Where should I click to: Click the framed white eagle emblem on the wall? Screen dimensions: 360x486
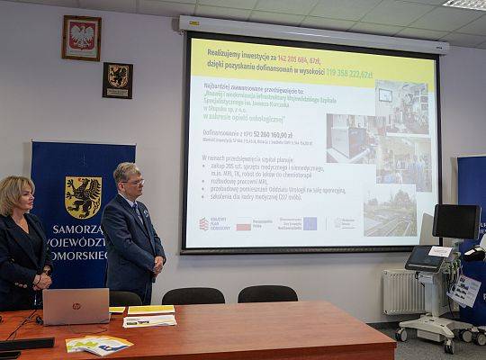[82, 38]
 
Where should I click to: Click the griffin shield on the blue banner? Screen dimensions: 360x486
[83, 197]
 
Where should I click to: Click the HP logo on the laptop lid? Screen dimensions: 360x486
[76, 306]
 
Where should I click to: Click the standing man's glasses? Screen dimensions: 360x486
[132, 183]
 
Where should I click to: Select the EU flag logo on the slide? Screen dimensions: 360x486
[310, 223]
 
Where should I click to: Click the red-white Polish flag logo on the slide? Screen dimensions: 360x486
[243, 226]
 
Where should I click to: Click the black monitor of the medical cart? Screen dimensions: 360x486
[456, 221]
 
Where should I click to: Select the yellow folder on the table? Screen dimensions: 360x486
[151, 310]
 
